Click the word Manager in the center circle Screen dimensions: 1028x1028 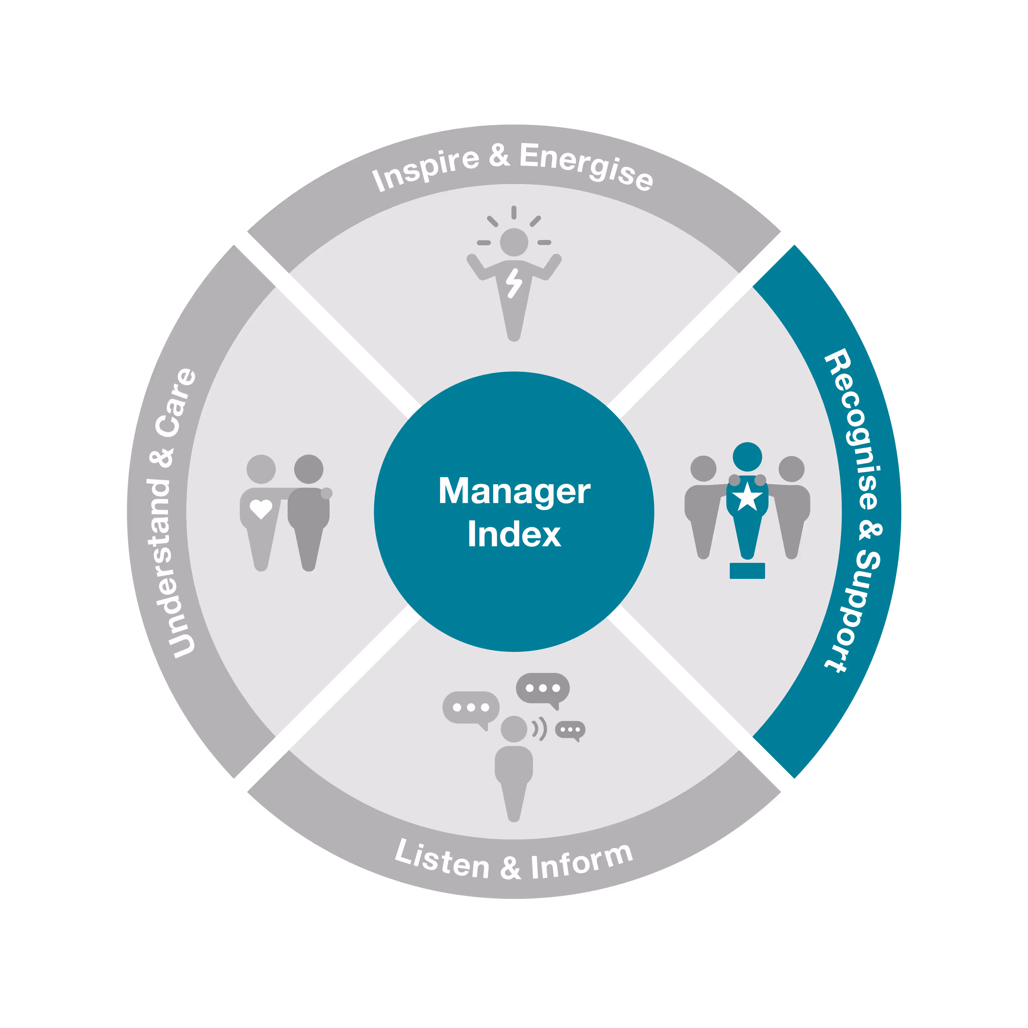514,492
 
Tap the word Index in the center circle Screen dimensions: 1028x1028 514,535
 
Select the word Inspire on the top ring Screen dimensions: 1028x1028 426,169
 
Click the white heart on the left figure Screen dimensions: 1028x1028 261,509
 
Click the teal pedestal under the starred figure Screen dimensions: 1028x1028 747,570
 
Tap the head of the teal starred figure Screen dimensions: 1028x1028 747,457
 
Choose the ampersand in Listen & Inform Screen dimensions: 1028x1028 510,868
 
